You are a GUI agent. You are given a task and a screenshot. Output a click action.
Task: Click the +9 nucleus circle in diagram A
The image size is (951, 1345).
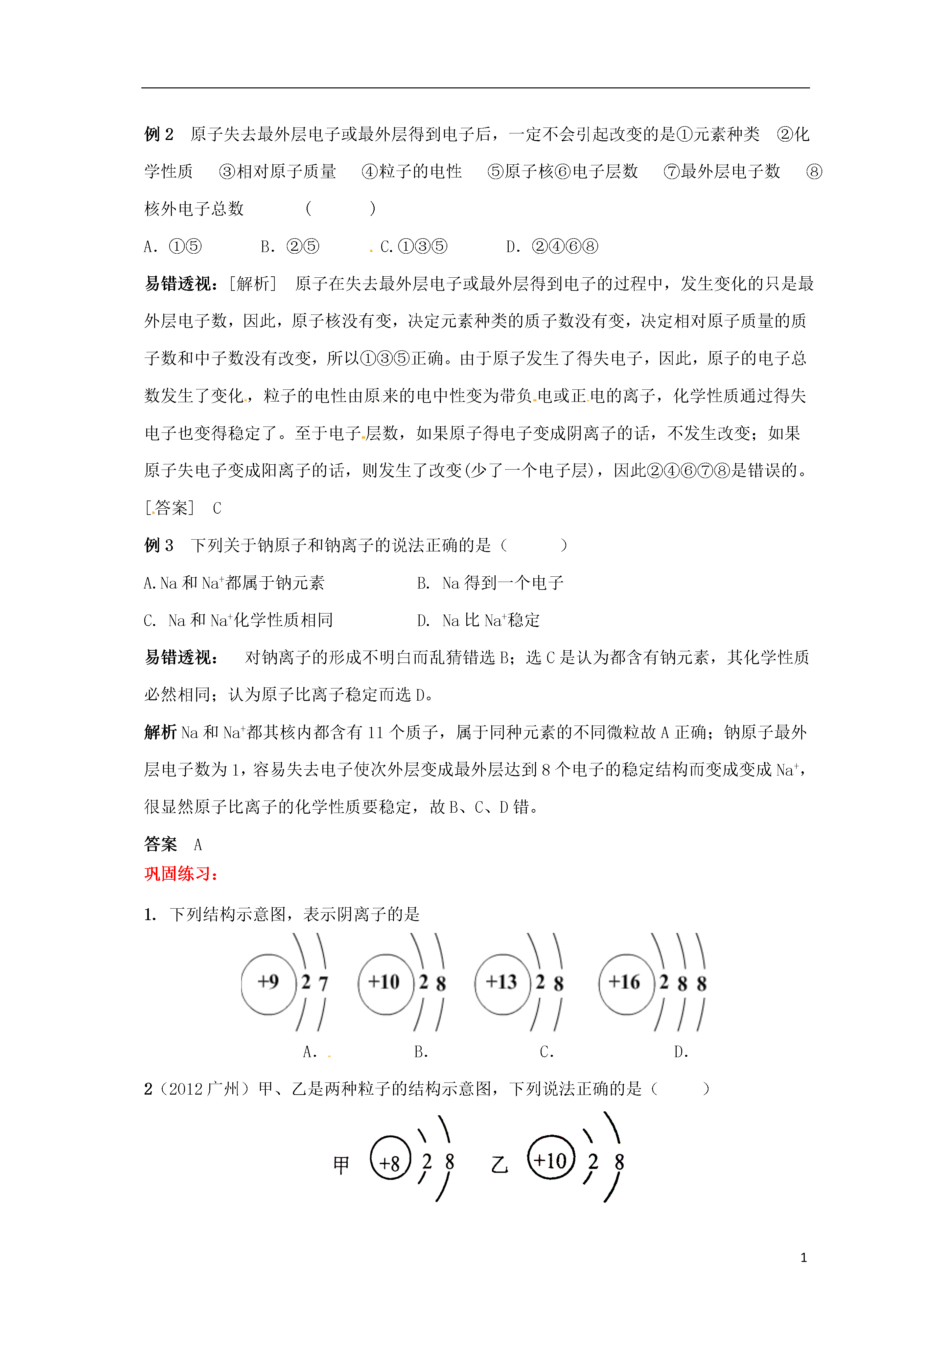(268, 984)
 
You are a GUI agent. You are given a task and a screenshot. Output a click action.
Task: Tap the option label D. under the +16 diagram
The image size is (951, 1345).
(681, 1052)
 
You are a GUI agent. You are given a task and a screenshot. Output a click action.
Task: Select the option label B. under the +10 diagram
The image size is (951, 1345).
(421, 1052)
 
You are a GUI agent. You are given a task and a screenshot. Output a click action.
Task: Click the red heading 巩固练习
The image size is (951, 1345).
(181, 874)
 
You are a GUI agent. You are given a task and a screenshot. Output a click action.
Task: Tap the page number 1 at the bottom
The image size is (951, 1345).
(803, 1257)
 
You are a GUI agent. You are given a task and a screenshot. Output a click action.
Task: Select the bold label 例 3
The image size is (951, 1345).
(159, 545)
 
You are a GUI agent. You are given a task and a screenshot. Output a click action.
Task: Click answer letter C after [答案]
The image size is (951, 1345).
(217, 508)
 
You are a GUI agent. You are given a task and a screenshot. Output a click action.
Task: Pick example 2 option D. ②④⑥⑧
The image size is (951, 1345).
(552, 247)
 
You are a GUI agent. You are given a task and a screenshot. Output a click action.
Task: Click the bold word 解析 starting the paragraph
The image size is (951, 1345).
(161, 732)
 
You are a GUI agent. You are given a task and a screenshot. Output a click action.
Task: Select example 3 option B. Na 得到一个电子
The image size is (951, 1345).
(490, 583)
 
